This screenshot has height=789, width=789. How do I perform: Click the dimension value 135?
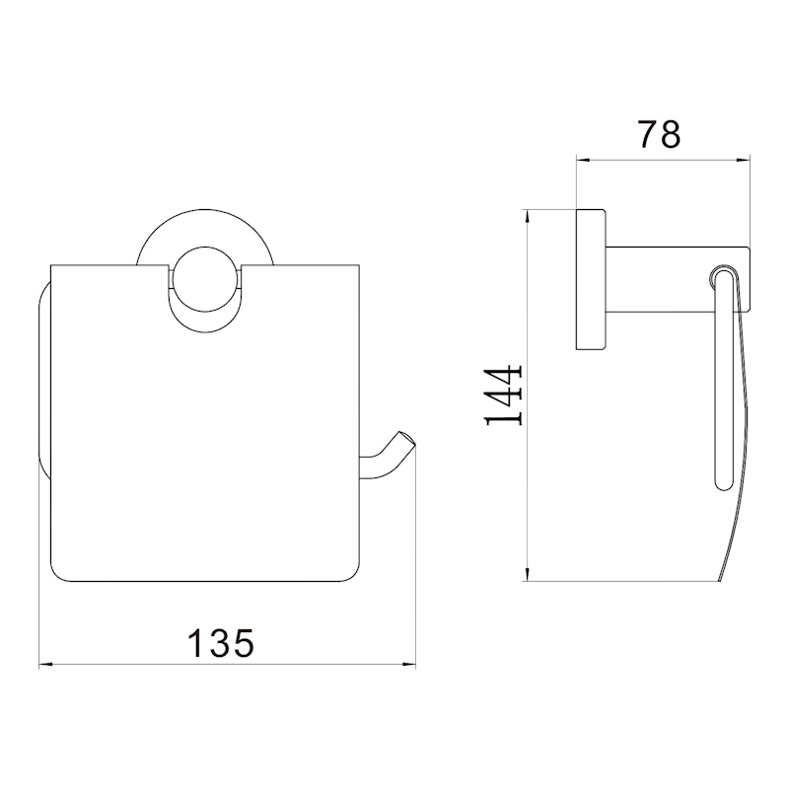point(222,643)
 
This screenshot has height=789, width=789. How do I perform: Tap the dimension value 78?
point(660,133)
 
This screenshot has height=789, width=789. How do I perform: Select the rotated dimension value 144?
point(505,396)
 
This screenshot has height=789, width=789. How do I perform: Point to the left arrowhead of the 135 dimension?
point(45,665)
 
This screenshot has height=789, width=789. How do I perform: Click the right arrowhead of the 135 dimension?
point(411,665)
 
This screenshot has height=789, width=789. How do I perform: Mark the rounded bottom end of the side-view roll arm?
point(719,483)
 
